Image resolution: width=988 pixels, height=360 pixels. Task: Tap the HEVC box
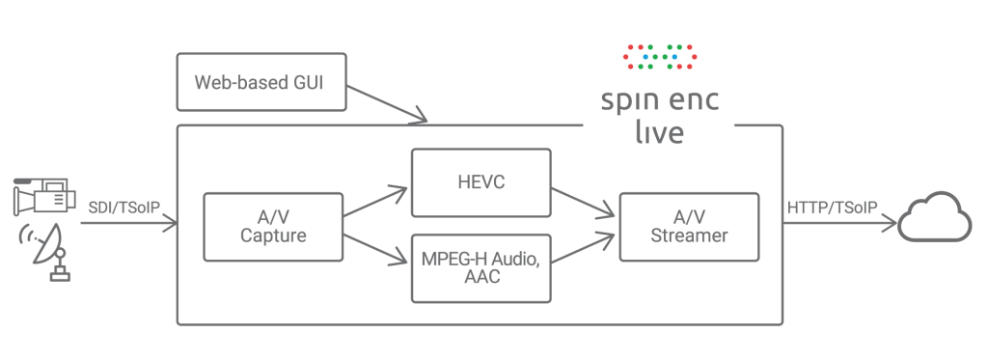480,181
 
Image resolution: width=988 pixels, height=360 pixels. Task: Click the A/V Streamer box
688,227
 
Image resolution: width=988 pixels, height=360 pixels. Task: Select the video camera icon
43,197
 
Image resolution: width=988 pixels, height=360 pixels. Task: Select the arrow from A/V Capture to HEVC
376,201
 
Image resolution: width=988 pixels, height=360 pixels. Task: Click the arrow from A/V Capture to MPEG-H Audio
376,246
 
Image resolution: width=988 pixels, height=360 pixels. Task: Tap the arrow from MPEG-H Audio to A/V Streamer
584,247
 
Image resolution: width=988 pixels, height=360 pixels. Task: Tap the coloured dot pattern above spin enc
660,57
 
